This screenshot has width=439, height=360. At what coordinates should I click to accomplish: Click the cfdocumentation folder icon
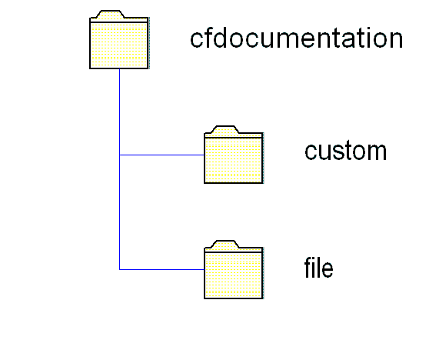[x=119, y=40]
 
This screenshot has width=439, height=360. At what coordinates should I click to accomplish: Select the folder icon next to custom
[x=234, y=155]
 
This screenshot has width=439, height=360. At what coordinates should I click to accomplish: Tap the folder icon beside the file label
[x=234, y=270]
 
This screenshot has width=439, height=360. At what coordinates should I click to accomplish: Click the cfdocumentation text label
[x=297, y=38]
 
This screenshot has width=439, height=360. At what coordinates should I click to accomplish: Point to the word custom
[x=345, y=151]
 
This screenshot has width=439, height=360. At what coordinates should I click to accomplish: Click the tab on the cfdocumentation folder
[x=111, y=15]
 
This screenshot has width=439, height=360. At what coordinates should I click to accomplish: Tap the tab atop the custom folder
[x=225, y=129]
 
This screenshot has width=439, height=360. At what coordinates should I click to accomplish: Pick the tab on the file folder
[x=225, y=244]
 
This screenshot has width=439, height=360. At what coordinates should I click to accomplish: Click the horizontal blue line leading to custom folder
[x=161, y=155]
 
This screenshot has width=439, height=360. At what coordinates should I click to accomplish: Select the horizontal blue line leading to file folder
[x=161, y=270]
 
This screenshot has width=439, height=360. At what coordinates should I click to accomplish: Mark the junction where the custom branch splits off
[x=119, y=155]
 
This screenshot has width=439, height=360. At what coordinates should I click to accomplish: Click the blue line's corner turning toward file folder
[x=119, y=270]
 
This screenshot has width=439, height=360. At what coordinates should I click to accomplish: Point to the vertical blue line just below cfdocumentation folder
[x=119, y=112]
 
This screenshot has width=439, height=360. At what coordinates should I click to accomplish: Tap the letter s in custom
[x=338, y=152]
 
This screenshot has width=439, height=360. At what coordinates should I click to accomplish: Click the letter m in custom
[x=377, y=152]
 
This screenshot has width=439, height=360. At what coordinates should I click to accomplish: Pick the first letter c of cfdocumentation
[x=197, y=39]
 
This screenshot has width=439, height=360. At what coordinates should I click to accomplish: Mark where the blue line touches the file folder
[x=204, y=270]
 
